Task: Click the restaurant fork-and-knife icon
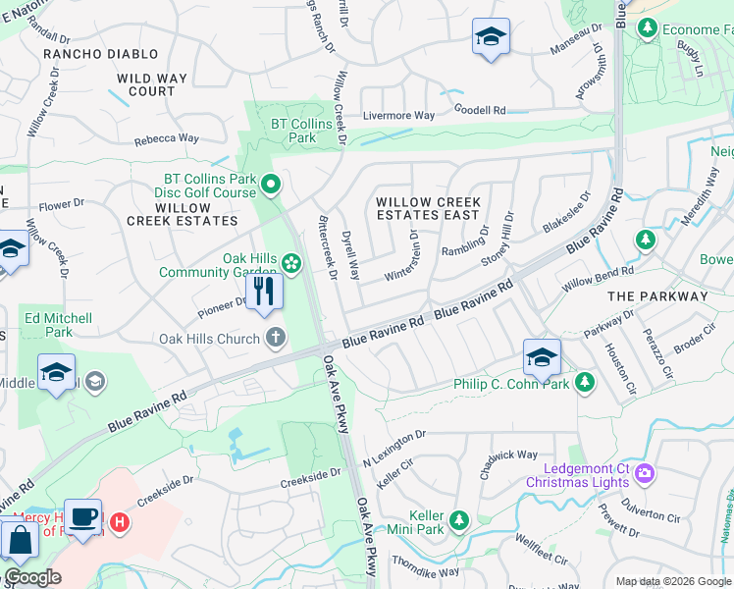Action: pos(263,292)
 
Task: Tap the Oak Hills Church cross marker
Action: pos(276,339)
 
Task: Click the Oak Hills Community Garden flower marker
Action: pos(290,262)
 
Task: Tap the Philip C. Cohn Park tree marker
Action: pos(584,381)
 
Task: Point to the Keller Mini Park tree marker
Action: pos(458,519)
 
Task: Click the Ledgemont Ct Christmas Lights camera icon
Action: pos(645,474)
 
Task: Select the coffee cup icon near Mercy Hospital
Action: pos(83,515)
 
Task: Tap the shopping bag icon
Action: pos(20,540)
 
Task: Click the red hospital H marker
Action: pos(120,521)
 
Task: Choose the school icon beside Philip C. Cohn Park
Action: pos(542,358)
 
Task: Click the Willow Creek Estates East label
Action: pos(427,208)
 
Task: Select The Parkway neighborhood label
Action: pos(657,295)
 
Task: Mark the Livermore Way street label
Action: pos(398,116)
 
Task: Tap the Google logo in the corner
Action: pos(33,577)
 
